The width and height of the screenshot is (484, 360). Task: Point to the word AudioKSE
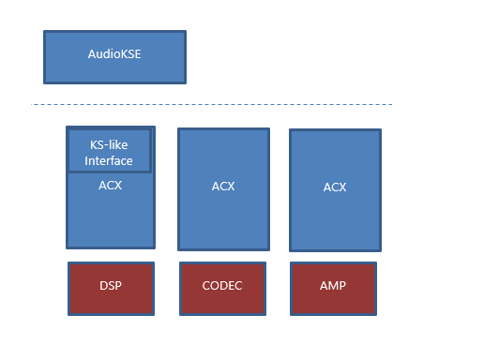click(114, 55)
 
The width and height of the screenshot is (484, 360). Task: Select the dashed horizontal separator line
click(212, 104)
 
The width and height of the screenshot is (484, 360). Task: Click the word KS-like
click(110, 146)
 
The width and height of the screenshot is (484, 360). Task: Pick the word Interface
click(110, 161)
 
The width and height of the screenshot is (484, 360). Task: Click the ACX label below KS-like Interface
click(110, 186)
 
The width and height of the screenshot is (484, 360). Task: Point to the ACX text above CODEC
click(222, 187)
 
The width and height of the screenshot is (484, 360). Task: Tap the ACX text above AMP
click(334, 187)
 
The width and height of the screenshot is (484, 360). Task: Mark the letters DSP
click(110, 286)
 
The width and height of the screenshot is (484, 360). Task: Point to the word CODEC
click(222, 286)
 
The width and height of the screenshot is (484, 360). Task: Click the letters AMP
click(334, 286)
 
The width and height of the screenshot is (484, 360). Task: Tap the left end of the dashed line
click(35, 104)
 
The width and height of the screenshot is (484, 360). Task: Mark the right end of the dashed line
click(391, 104)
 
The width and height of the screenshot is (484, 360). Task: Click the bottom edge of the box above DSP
click(111, 247)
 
